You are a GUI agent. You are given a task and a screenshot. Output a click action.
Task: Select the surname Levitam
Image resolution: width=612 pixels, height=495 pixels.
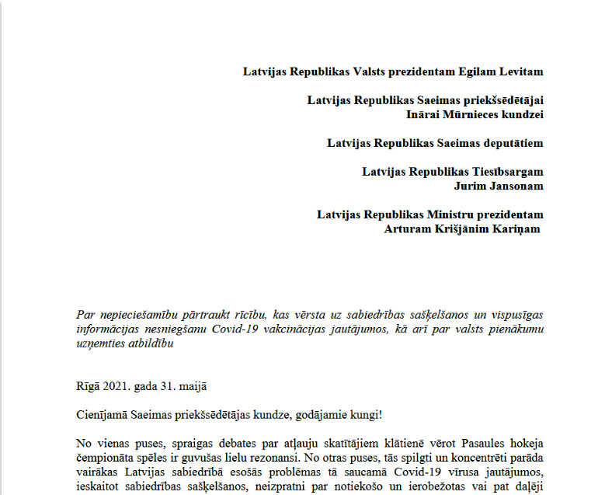(x=520, y=71)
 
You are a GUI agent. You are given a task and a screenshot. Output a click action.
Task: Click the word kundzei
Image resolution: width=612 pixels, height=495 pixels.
(x=520, y=114)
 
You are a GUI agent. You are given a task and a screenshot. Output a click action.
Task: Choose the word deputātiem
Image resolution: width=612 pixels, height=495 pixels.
(x=511, y=143)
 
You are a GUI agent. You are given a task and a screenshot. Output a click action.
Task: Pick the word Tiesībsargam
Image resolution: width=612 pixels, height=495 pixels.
(x=505, y=172)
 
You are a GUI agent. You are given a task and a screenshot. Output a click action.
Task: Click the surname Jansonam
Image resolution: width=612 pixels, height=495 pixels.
(x=514, y=186)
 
